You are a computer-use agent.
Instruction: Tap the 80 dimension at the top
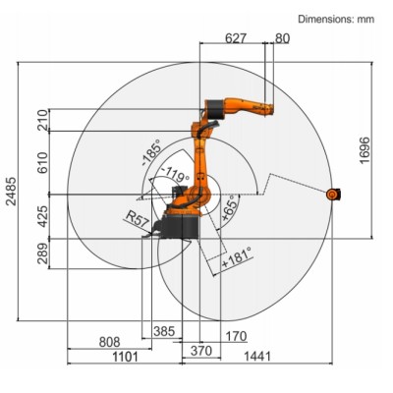pyautogui.click(x=283, y=38)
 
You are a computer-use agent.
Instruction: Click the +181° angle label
pyautogui.click(x=236, y=256)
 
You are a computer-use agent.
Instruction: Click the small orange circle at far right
pyautogui.click(x=331, y=195)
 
